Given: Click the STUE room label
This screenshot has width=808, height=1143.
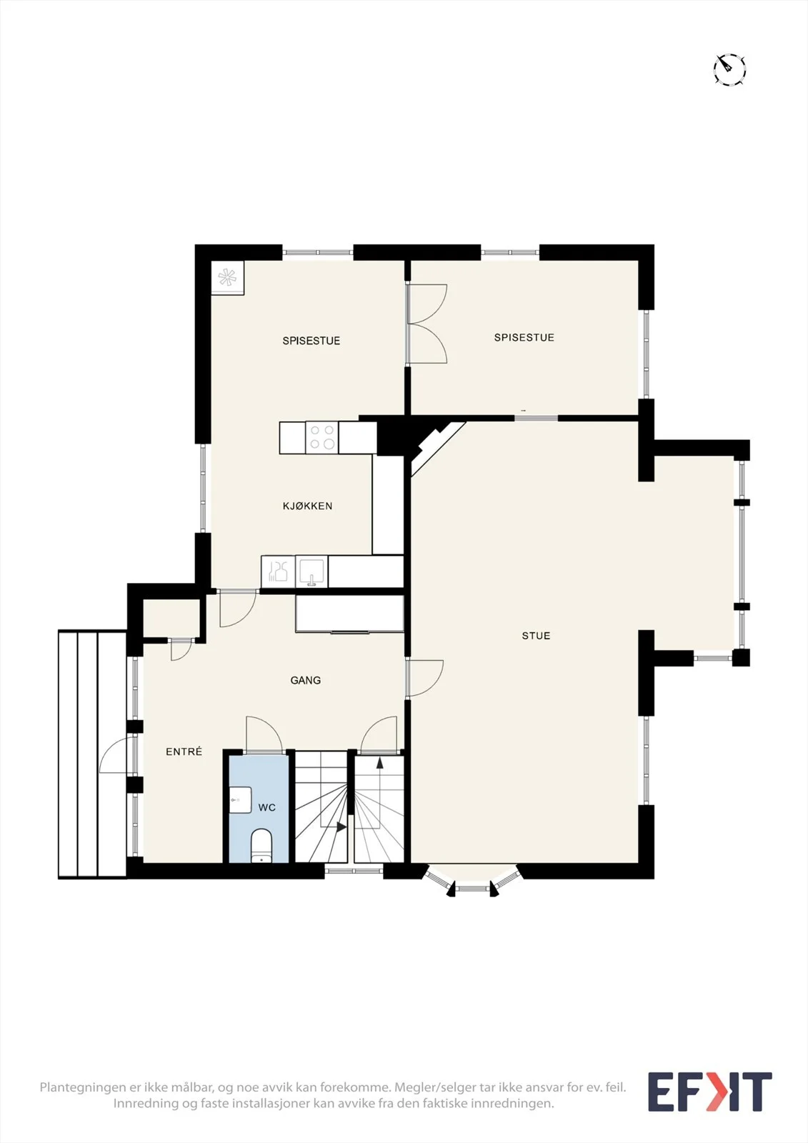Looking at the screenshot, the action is coord(535,636).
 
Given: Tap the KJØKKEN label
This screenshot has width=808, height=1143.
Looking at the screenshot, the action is coord(307,506).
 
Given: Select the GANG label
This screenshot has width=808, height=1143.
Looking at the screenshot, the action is coord(305,680).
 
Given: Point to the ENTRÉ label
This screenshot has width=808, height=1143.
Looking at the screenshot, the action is coord(184,751).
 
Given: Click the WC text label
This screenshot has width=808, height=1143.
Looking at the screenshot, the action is coord(267,807).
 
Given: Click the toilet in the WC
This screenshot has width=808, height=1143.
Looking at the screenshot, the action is coord(261,846).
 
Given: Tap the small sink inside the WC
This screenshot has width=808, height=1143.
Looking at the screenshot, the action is coord(240,799).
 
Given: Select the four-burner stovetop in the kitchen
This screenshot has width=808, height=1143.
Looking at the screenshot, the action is coord(322,437).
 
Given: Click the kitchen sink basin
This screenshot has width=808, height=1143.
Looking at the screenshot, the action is coord(311,571).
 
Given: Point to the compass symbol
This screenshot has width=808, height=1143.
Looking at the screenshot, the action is coord(729,69).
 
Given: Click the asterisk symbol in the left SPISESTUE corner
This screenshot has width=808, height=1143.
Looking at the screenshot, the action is coord(228,278).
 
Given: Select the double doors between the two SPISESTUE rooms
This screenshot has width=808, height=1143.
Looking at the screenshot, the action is coord(427,324).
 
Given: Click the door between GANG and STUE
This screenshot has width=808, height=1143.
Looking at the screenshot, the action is coord(424,678).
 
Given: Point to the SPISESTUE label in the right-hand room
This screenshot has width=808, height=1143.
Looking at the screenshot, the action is coord(524,337).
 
